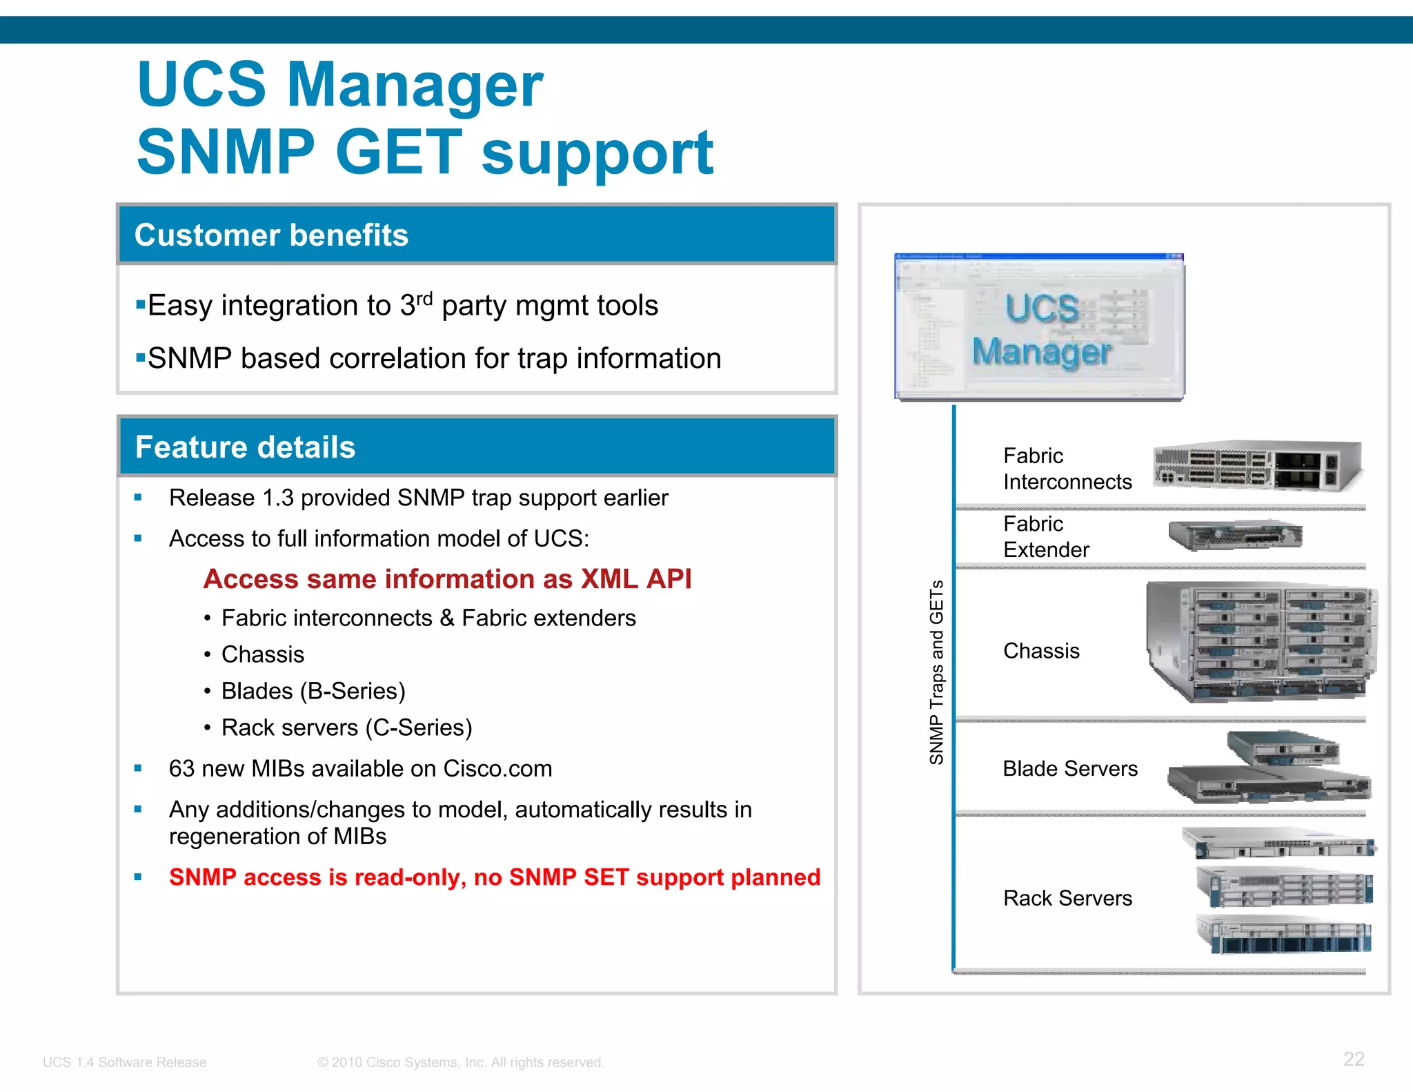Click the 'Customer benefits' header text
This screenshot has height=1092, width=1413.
point(271,235)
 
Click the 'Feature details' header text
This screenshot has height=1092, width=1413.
point(245,447)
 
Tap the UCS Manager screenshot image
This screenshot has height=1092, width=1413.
point(1039,326)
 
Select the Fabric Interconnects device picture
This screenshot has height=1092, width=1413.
point(1257,466)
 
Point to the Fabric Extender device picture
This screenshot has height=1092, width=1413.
point(1235,535)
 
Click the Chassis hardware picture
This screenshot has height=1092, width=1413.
point(1261,642)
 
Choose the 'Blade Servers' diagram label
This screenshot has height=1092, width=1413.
point(1069,768)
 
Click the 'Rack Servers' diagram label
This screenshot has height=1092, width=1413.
point(1067,898)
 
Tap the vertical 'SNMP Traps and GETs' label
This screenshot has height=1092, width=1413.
point(936,672)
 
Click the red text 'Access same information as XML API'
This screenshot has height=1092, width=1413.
point(447,579)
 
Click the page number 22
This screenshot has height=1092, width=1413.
point(1354,1059)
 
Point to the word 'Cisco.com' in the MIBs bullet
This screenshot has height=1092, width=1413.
point(497,769)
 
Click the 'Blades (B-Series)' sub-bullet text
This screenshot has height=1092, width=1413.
point(313,691)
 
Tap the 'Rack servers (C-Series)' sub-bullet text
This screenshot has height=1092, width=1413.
point(346,728)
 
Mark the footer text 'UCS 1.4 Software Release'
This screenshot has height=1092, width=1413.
point(124,1062)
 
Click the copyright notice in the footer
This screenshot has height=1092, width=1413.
point(461,1062)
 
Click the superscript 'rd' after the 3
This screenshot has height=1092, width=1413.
point(424,299)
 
